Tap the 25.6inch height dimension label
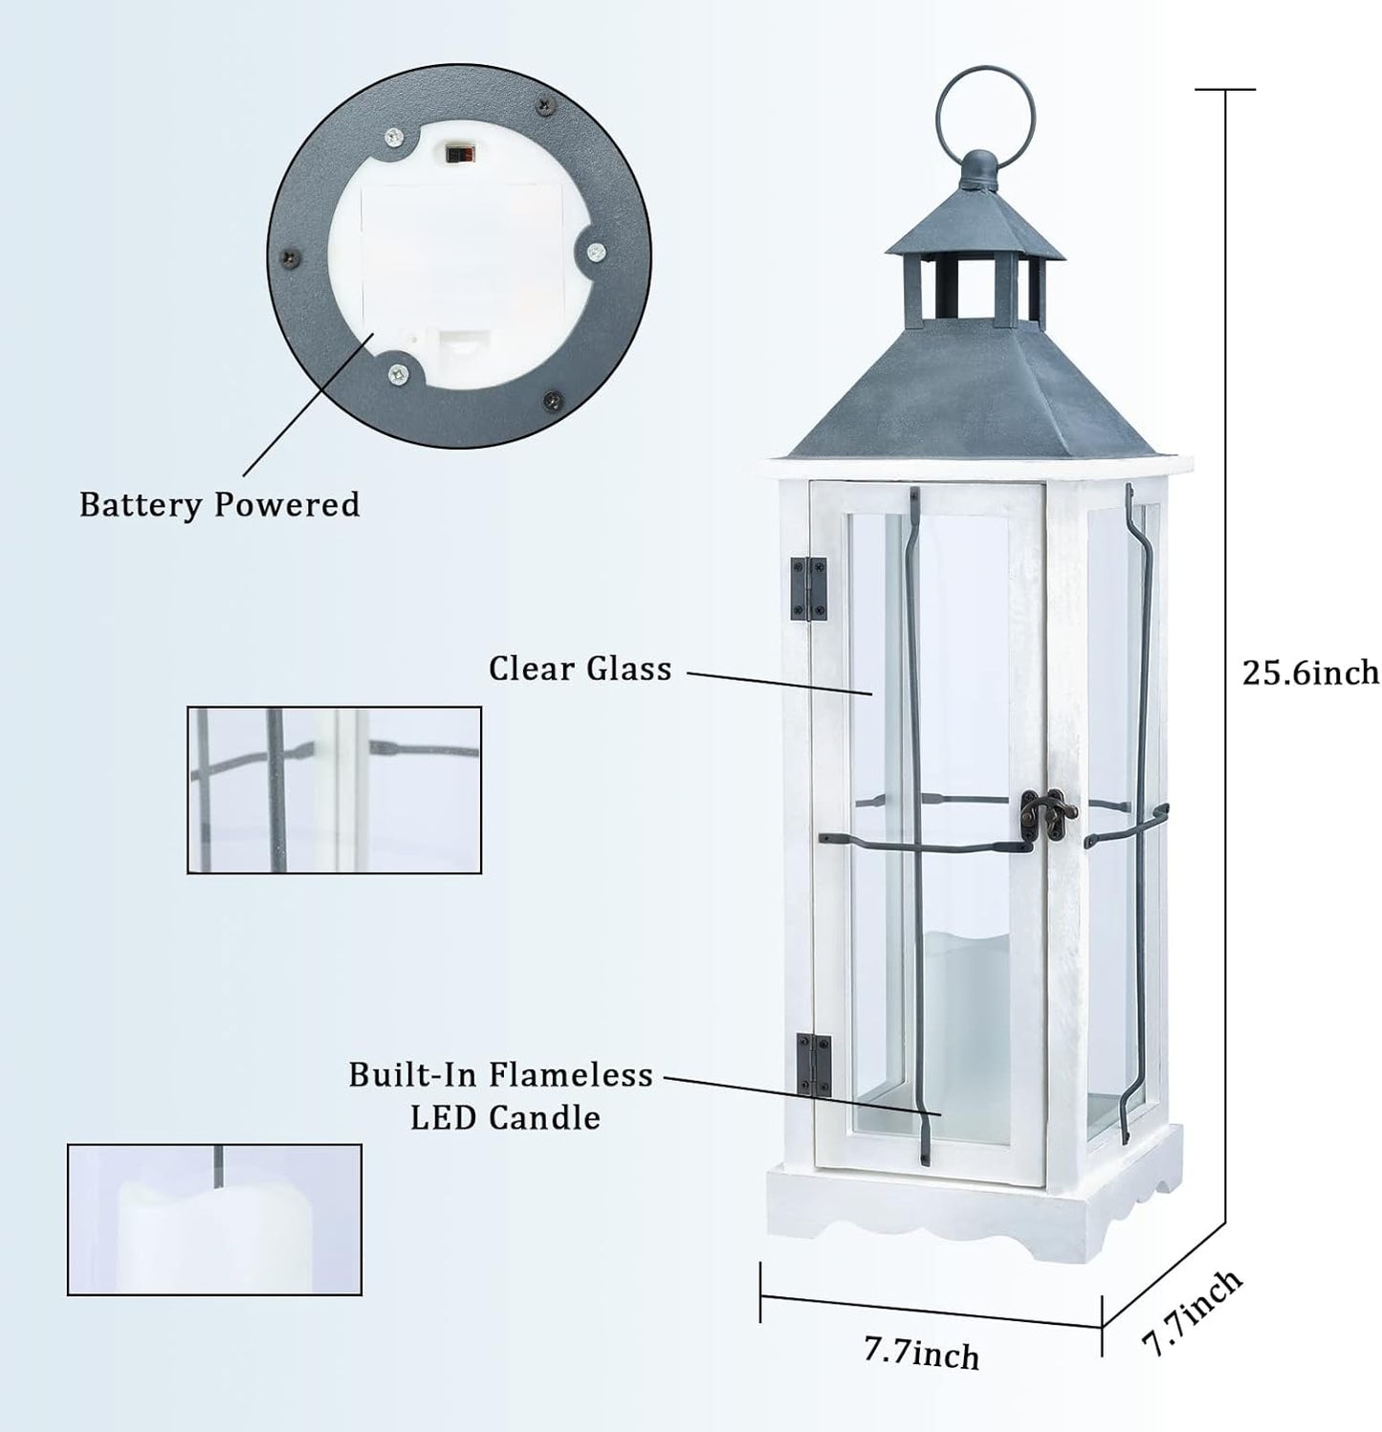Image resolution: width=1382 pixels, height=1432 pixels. tap(1310, 672)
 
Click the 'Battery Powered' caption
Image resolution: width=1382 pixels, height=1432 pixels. tap(219, 504)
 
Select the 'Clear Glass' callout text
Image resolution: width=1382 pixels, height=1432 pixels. tap(580, 669)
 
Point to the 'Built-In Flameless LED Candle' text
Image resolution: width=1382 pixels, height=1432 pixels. tap(501, 1095)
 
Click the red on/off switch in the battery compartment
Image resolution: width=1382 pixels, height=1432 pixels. tap(458, 152)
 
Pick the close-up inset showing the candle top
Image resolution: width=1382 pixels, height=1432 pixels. tap(214, 1220)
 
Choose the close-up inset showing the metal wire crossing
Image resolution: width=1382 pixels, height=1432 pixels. tap(334, 790)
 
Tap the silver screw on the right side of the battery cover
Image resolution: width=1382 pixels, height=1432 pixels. tap(594, 253)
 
